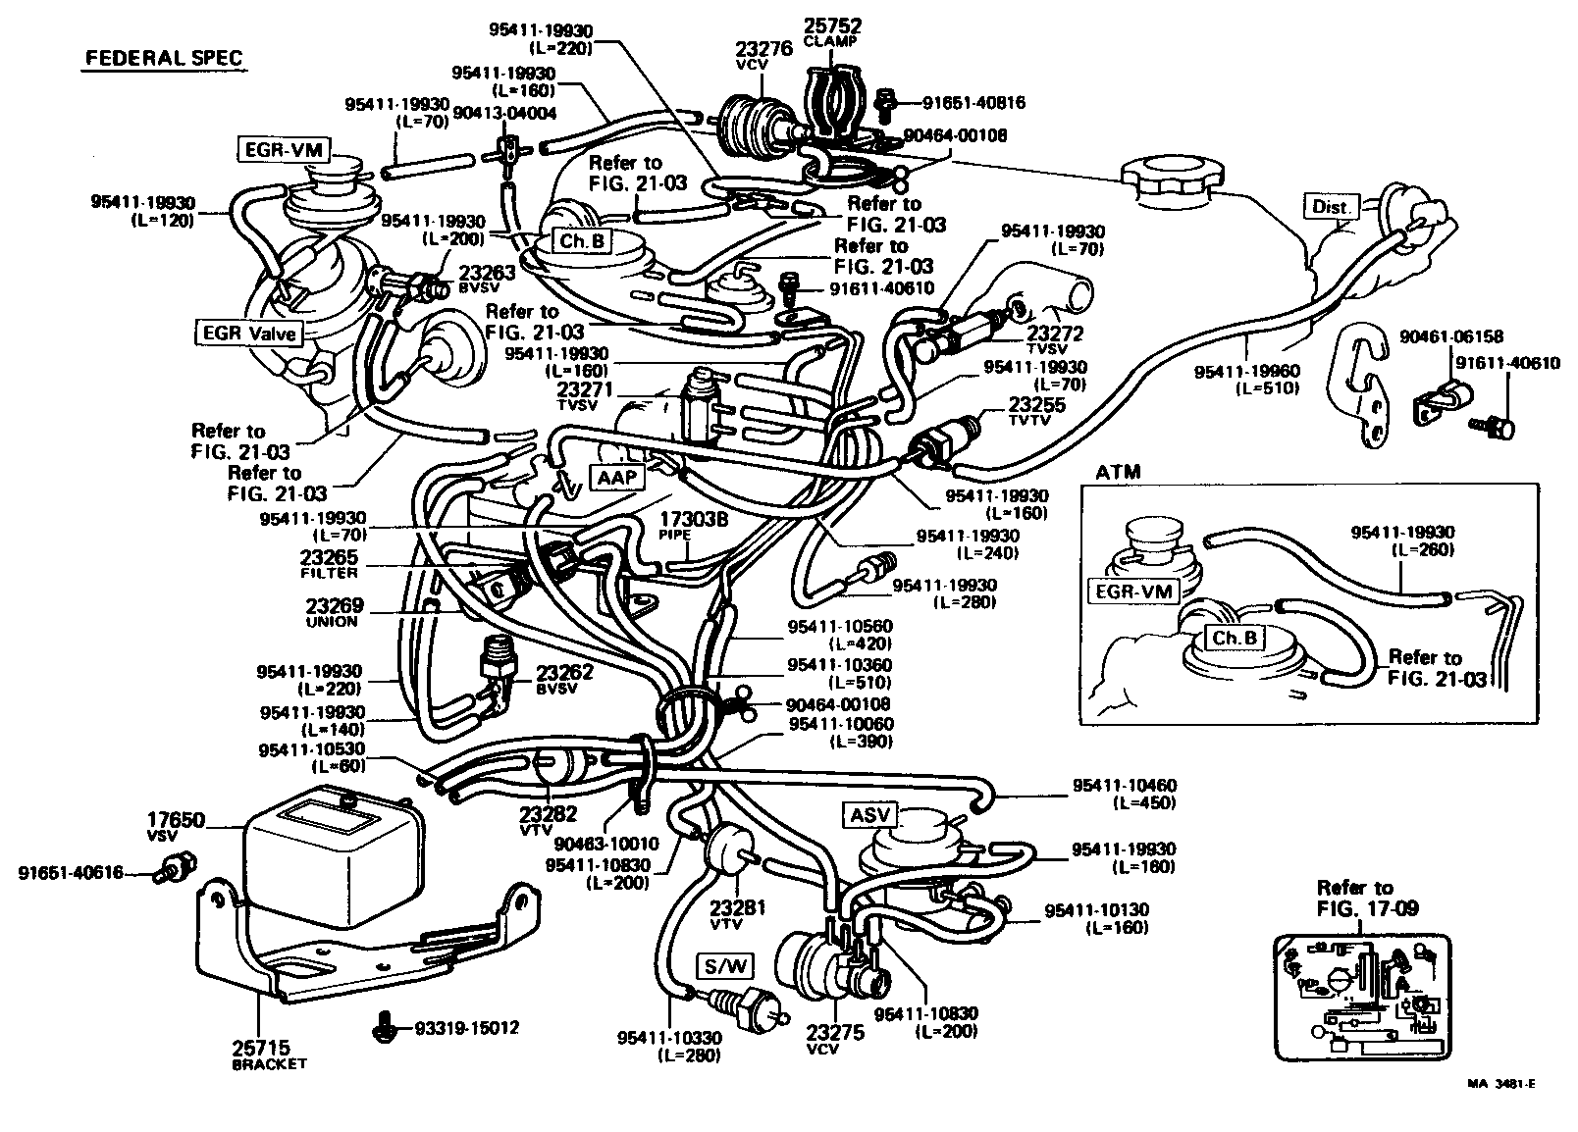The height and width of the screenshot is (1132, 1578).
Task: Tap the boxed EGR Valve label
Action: click(x=248, y=333)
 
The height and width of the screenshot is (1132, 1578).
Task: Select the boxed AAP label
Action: click(x=616, y=477)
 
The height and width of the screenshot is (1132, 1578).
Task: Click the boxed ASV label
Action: click(x=869, y=815)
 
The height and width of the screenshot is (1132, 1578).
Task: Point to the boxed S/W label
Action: click(x=725, y=966)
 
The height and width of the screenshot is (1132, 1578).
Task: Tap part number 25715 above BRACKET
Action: click(x=260, y=1048)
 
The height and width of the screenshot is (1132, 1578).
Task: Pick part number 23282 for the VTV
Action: click(x=548, y=813)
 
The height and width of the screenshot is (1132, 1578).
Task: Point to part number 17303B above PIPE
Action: click(x=693, y=520)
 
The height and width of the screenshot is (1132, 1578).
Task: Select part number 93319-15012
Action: click(x=466, y=1028)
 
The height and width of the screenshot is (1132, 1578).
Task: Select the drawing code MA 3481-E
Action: click(x=1501, y=1084)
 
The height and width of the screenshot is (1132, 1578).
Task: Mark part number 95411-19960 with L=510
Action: click(x=1246, y=372)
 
